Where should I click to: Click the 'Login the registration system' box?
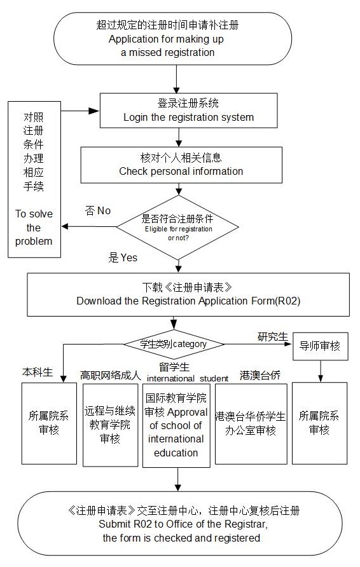[188, 111]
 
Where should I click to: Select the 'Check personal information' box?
[181, 165]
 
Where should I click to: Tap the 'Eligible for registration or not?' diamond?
[177, 228]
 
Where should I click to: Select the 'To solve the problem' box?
[34, 179]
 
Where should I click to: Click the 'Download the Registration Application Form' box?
[188, 295]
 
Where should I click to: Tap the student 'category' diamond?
[174, 344]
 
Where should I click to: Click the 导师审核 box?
[320, 346]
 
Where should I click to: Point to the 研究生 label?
[272, 337]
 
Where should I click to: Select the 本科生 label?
[38, 372]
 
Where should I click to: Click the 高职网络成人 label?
[110, 375]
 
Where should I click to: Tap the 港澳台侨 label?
[260, 375]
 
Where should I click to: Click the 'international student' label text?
[188, 379]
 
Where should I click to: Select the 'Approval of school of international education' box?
[176, 426]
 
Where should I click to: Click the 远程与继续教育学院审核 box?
[110, 425]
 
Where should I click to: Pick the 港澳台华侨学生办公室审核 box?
[251, 424]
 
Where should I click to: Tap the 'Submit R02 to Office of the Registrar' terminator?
[180, 524]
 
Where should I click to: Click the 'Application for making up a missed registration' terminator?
[172, 39]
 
